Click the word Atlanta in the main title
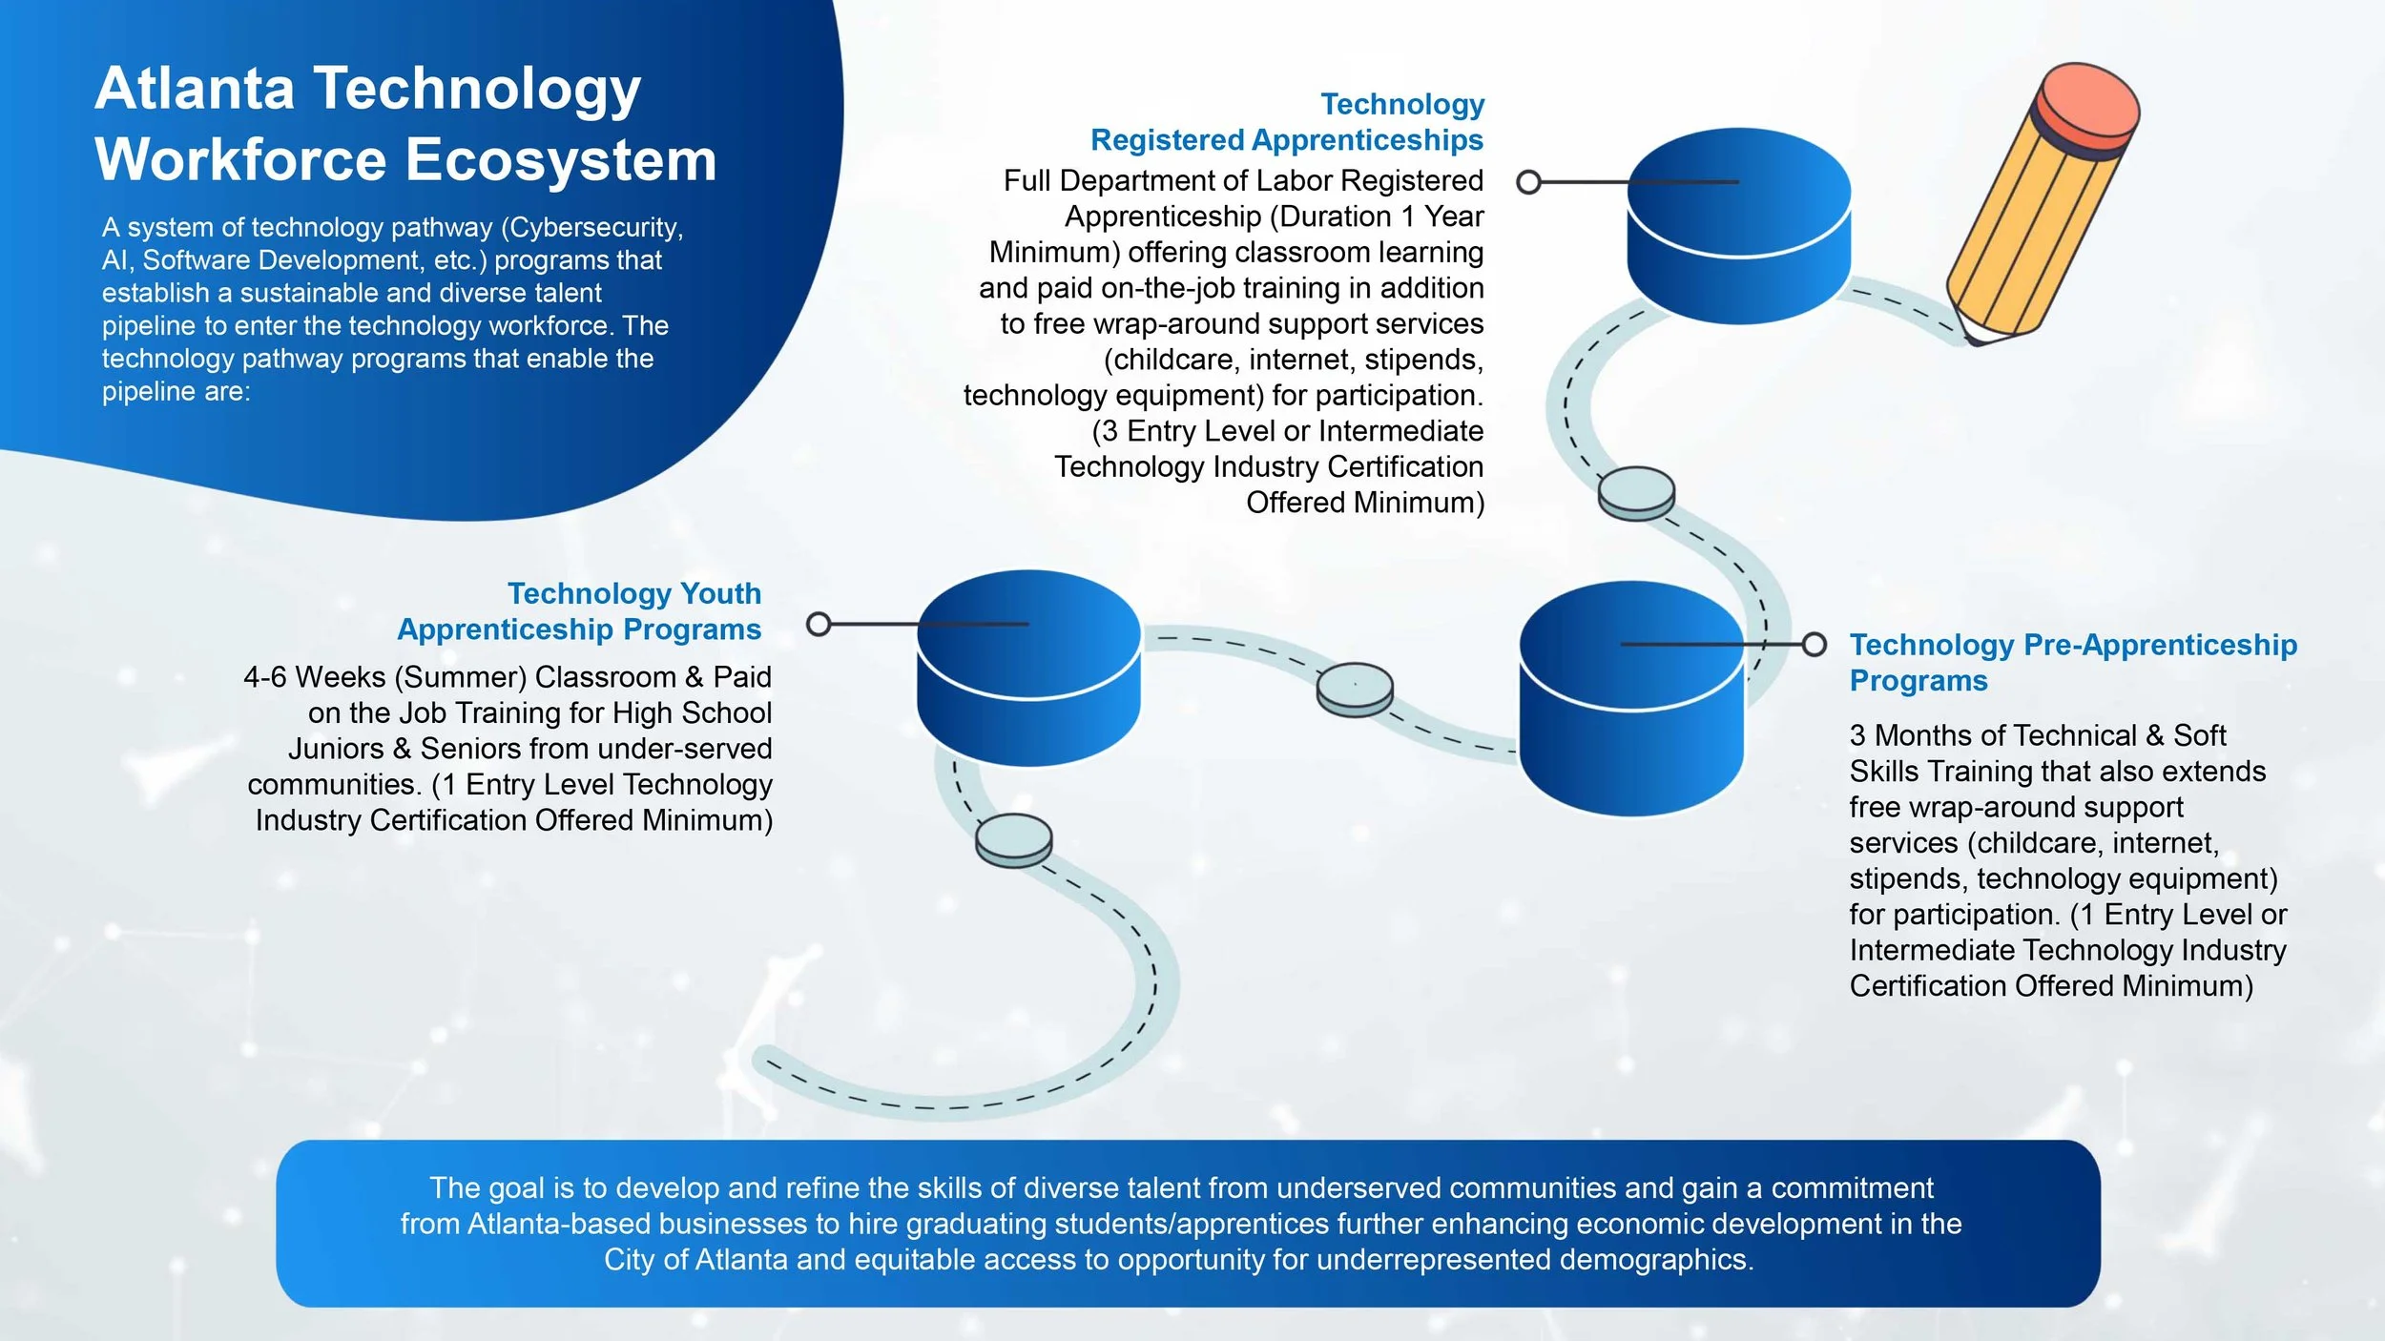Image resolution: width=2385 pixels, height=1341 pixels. pyautogui.click(x=195, y=89)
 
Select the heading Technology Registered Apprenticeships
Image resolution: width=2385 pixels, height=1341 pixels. pyautogui.click(x=1287, y=122)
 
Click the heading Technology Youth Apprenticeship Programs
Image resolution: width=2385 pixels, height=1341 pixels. pyautogui.click(x=579, y=611)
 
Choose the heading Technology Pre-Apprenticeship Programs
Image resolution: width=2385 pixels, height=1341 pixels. pyautogui.click(x=2072, y=662)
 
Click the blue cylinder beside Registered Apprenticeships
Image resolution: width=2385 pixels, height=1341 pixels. pyautogui.click(x=1738, y=224)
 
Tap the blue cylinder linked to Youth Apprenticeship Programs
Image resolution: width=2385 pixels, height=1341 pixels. pyautogui.click(x=1028, y=667)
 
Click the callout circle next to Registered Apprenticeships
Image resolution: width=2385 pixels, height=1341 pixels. pyautogui.click(x=1528, y=182)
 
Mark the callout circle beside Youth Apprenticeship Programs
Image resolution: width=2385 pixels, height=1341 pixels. pyautogui.click(x=819, y=625)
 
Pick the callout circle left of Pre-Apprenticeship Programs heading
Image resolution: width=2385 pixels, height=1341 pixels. pyautogui.click(x=1815, y=645)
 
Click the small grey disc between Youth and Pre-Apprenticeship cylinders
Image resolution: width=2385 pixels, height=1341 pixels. pyautogui.click(x=1355, y=689)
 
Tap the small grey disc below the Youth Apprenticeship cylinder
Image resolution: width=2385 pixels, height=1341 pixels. pyautogui.click(x=1013, y=839)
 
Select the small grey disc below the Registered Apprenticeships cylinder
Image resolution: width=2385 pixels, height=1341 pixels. pyautogui.click(x=1636, y=492)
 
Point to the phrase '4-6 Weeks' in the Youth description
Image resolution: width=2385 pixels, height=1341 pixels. pyautogui.click(x=314, y=677)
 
